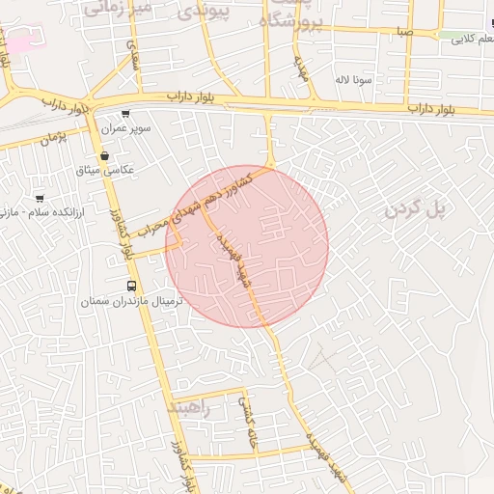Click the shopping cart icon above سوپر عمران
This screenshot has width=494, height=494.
[x=125, y=114]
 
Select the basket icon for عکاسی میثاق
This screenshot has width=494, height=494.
[x=104, y=156]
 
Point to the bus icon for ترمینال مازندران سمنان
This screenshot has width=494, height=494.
[x=131, y=286]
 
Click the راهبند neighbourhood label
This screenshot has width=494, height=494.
[x=187, y=407]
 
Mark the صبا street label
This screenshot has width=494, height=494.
[x=404, y=32]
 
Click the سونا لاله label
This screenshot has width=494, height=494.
[x=353, y=80]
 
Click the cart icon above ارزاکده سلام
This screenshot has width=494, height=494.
[x=40, y=197]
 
